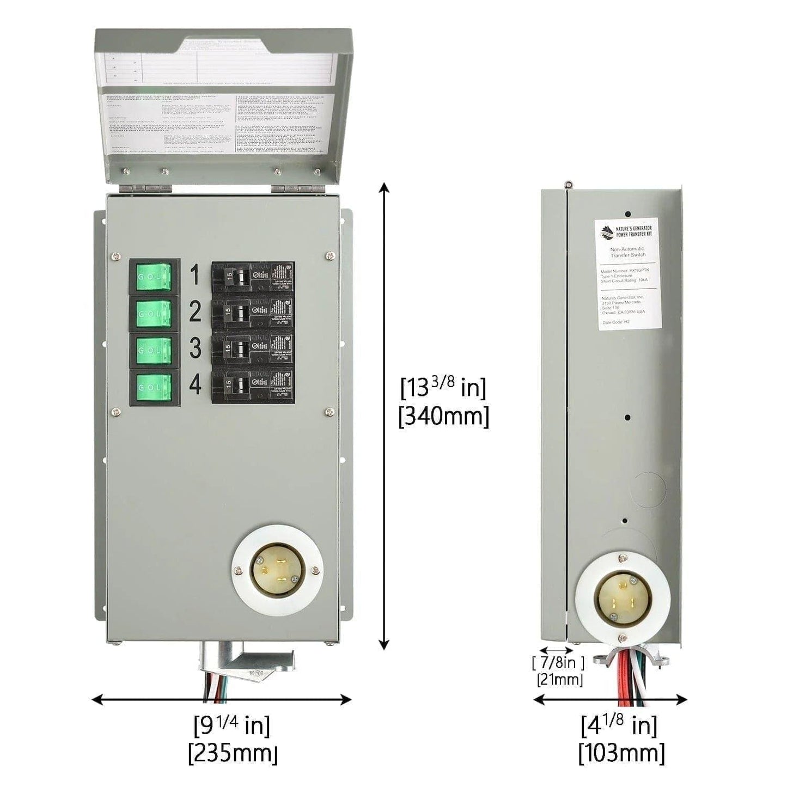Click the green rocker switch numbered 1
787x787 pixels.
point(154,277)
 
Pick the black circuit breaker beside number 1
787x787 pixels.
point(253,277)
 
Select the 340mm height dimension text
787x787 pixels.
point(444,417)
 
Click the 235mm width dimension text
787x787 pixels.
point(233,754)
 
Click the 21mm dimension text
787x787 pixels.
point(559,680)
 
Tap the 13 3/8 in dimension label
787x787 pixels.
point(443,388)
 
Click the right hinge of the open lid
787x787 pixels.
point(295,187)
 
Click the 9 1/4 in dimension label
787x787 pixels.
point(233,725)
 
